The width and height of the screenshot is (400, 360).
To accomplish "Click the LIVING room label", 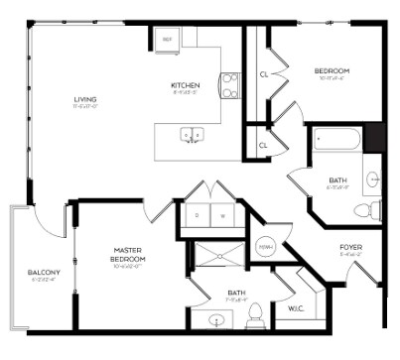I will click(x=84, y=99).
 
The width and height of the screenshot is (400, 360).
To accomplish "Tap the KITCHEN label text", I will click(x=186, y=86).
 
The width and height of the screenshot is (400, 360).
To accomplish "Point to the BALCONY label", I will click(x=44, y=273).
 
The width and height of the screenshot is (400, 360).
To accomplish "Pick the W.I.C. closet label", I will click(x=295, y=309).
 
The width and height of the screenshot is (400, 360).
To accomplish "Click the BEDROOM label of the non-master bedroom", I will click(x=332, y=71).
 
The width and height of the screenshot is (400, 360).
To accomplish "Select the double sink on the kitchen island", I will click(x=192, y=133).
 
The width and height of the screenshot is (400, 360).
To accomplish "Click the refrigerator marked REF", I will click(x=167, y=41).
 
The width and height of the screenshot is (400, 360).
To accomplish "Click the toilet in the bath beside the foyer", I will click(x=374, y=209).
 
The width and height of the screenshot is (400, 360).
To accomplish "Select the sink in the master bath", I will click(x=217, y=319).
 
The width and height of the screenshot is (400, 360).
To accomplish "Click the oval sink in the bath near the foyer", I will click(x=373, y=180).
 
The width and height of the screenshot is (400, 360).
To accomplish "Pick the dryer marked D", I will click(x=197, y=214).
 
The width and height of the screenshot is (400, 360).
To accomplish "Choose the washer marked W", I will click(x=222, y=214).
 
